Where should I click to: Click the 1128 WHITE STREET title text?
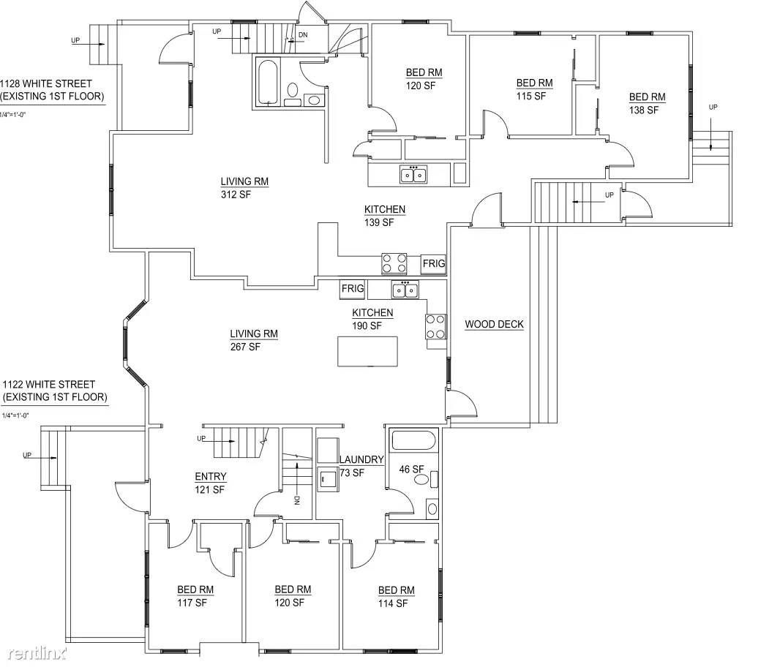46,83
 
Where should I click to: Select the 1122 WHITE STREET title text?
48,384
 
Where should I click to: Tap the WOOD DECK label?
494,324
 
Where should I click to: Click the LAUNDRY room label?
361,459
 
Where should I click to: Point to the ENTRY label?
211,476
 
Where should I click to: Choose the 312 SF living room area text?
236,195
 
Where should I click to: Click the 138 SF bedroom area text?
643,110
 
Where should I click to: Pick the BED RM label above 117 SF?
195,589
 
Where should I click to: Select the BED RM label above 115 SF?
534,83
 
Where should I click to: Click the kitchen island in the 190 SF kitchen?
367,351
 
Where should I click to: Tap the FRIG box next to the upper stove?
434,264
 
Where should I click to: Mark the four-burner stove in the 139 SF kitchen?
394,263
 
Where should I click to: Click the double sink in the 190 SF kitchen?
405,290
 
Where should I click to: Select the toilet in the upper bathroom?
292,91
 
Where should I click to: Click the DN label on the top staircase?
303,35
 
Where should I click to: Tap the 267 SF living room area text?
245,347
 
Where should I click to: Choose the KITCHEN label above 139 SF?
385,209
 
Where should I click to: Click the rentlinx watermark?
37,653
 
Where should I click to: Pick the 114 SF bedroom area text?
392,604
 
